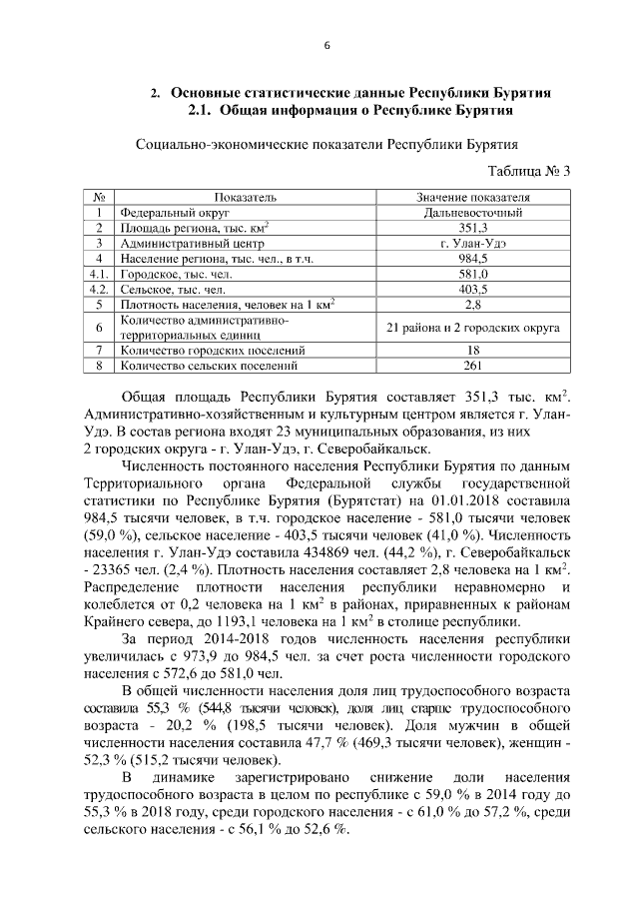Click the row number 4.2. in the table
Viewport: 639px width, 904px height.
(98, 288)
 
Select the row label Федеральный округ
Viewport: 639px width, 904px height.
(161, 212)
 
